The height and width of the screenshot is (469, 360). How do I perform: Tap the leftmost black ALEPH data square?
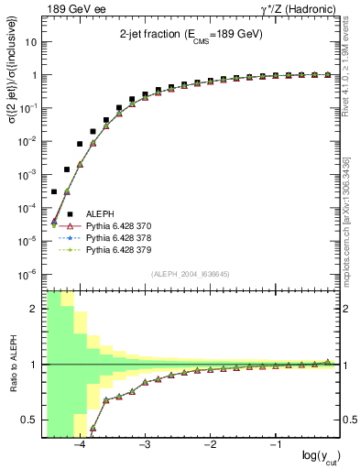point(54,191)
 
